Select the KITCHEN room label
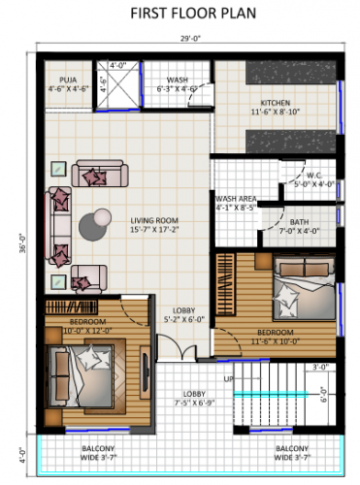(x=275, y=107)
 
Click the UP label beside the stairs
(x=229, y=377)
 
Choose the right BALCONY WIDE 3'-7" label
(x=291, y=452)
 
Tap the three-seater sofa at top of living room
(x=97, y=175)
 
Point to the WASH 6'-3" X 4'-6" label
(x=178, y=84)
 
